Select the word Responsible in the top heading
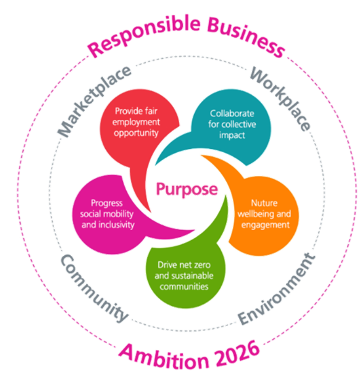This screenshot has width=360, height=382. point(142,35)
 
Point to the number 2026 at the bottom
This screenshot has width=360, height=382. point(233,354)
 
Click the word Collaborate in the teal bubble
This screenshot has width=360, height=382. point(232,113)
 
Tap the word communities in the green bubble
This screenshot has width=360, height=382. point(184,286)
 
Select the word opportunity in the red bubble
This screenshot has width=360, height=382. point(137,133)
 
